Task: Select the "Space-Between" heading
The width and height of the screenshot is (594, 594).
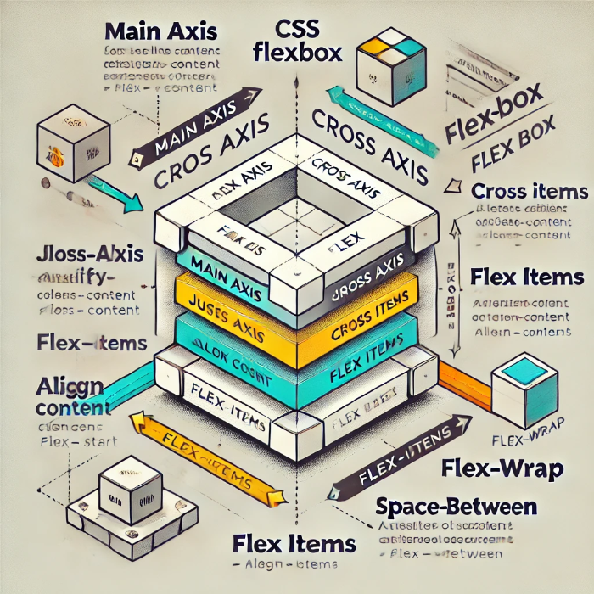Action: [x=456, y=507]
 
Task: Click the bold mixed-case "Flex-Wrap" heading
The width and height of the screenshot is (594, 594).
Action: [x=490, y=468]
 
